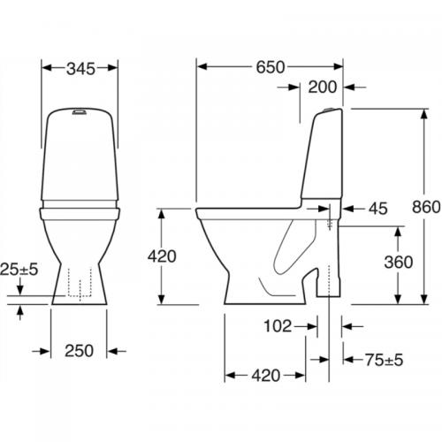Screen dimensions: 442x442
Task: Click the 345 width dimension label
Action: pyautogui.click(x=80, y=66)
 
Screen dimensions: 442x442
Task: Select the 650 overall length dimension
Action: pyautogui.click(x=271, y=66)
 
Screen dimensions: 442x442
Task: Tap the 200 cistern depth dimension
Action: pyautogui.click(x=324, y=87)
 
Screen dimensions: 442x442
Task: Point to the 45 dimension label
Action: pyautogui.click(x=377, y=210)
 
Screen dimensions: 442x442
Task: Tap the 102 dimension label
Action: pyautogui.click(x=278, y=326)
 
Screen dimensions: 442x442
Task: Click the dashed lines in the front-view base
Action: pyautogui.click(x=80, y=284)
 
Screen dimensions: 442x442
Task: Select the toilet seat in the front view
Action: pyautogui.click(x=80, y=210)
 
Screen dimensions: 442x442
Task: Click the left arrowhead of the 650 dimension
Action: pyautogui.click(x=200, y=66)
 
